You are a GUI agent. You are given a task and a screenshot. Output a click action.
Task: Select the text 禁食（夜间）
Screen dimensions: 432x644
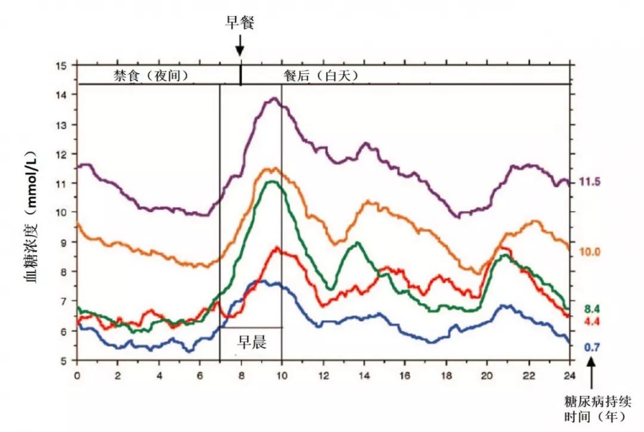pyautogui.click(x=151, y=76)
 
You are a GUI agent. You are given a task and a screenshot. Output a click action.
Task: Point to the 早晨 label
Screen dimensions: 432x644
pyautogui.click(x=252, y=342)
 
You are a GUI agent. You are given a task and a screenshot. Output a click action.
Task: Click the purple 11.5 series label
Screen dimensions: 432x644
pyautogui.click(x=589, y=182)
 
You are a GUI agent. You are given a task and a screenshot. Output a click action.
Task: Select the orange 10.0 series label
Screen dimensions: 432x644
pyautogui.click(x=589, y=251)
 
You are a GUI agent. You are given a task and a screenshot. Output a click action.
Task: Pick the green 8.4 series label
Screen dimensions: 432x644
pyautogui.click(x=590, y=308)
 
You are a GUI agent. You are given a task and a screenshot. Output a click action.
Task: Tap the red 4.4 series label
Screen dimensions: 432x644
pyautogui.click(x=590, y=322)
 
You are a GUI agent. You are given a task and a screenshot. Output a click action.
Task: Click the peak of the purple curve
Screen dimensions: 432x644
pyautogui.click(x=274, y=98)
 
